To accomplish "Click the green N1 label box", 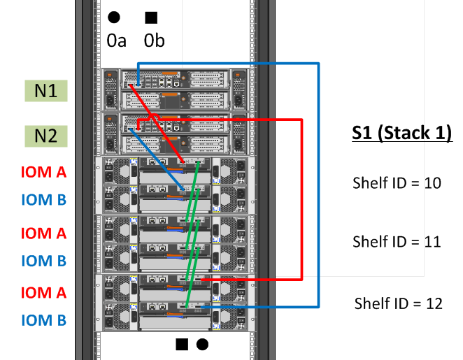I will tap(45, 91).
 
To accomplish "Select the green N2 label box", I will tap(45, 136).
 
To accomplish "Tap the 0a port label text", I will tap(117, 41).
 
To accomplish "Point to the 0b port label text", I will tap(155, 41).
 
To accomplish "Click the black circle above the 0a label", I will tap(114, 17).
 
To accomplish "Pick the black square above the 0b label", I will tap(150, 17).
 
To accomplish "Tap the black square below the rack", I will tap(182, 344).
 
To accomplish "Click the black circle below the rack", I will tap(202, 344).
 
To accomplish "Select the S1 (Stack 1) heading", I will tap(401, 132).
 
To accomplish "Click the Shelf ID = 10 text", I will tap(397, 183).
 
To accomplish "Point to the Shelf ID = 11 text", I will tap(397, 242).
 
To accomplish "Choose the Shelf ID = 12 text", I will tap(398, 303).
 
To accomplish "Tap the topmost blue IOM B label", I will tap(43, 201).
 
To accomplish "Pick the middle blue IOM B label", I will tap(43, 261).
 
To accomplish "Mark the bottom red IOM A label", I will tap(43, 292).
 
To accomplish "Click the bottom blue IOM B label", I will tap(43, 320).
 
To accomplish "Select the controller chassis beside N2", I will tap(176, 134).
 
